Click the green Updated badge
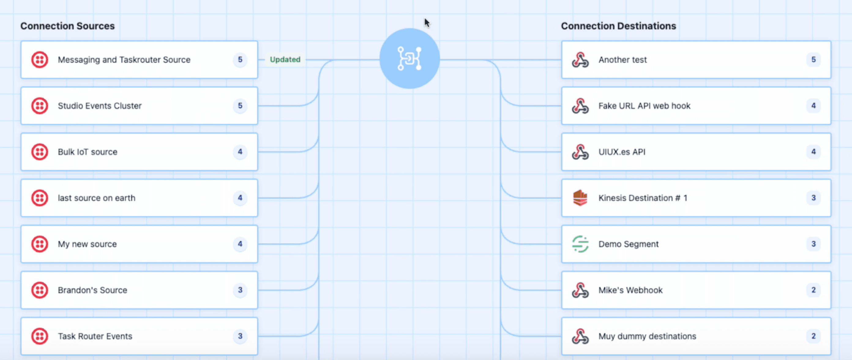click(x=285, y=60)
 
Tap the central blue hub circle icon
click(x=409, y=58)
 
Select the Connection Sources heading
click(x=67, y=26)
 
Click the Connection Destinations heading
click(x=618, y=26)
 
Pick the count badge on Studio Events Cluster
click(x=240, y=106)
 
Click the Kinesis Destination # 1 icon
click(x=580, y=198)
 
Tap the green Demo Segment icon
click(x=580, y=244)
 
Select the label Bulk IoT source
click(x=87, y=152)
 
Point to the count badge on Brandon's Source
click(x=240, y=290)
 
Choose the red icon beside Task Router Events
click(x=40, y=336)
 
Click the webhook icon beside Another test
click(x=580, y=60)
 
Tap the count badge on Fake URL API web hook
click(x=813, y=106)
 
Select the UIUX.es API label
click(x=622, y=152)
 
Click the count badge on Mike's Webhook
click(x=813, y=290)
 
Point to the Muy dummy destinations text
click(x=647, y=336)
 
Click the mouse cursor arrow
click(x=427, y=23)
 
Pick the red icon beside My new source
click(x=40, y=244)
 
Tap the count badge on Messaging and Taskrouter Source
click(x=240, y=60)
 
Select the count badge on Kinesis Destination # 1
click(x=813, y=198)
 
